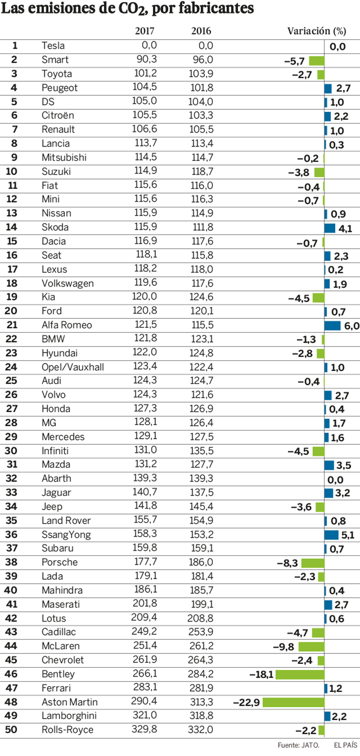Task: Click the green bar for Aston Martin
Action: click(x=293, y=702)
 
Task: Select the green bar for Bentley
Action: click(x=300, y=674)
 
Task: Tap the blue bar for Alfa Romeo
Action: click(x=333, y=326)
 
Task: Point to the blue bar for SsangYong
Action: click(x=331, y=535)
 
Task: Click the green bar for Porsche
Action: click(x=313, y=563)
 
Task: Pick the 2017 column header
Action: click(x=144, y=31)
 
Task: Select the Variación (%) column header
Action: click(x=316, y=31)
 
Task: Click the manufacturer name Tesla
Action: click(x=53, y=46)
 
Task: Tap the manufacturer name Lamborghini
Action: click(x=69, y=716)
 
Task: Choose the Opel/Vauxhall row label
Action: click(x=72, y=367)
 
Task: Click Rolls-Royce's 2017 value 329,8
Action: click(x=144, y=729)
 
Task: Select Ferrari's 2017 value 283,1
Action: click(x=145, y=688)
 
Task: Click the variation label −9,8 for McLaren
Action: click(x=283, y=647)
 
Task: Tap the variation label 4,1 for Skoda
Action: click(x=345, y=228)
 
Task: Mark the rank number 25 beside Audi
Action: click(x=11, y=381)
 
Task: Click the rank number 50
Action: click(x=11, y=729)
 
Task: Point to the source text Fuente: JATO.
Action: click(x=298, y=745)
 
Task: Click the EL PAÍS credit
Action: click(x=345, y=745)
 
